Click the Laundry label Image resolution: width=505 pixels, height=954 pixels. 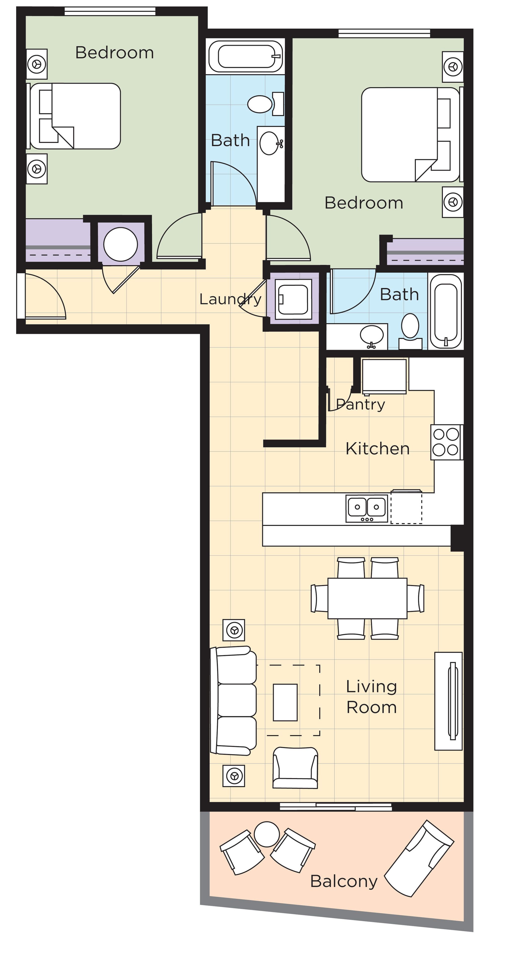click(230, 299)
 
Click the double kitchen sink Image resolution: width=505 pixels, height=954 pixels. click(367, 508)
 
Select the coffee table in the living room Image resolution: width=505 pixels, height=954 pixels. click(285, 702)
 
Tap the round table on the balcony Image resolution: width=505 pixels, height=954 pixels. click(267, 834)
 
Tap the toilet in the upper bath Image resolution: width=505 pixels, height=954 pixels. click(260, 104)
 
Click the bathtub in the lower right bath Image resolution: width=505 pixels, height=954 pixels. click(446, 311)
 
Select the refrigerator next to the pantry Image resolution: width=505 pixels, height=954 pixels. click(384, 376)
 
